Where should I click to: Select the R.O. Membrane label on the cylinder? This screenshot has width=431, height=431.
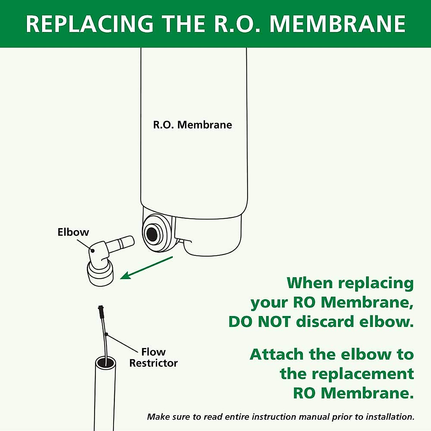193,125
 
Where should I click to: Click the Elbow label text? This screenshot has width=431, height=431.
73,232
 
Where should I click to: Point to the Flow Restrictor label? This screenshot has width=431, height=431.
153,357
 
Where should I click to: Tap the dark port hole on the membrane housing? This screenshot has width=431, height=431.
152,234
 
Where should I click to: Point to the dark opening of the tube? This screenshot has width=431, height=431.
106,362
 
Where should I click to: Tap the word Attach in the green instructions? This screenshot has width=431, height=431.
277,354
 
